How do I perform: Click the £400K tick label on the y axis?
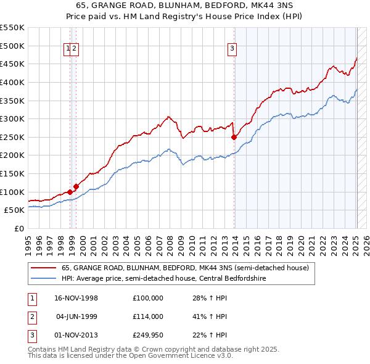coord(12,82)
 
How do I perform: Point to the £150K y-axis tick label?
coord(12,173)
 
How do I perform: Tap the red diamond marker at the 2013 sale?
coord(234,137)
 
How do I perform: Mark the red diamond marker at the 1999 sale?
coord(76,186)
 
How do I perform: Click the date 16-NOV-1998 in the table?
coord(76,297)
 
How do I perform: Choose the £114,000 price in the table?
coord(147,316)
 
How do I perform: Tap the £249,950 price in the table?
coord(147,336)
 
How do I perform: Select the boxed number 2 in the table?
coord(30,316)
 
